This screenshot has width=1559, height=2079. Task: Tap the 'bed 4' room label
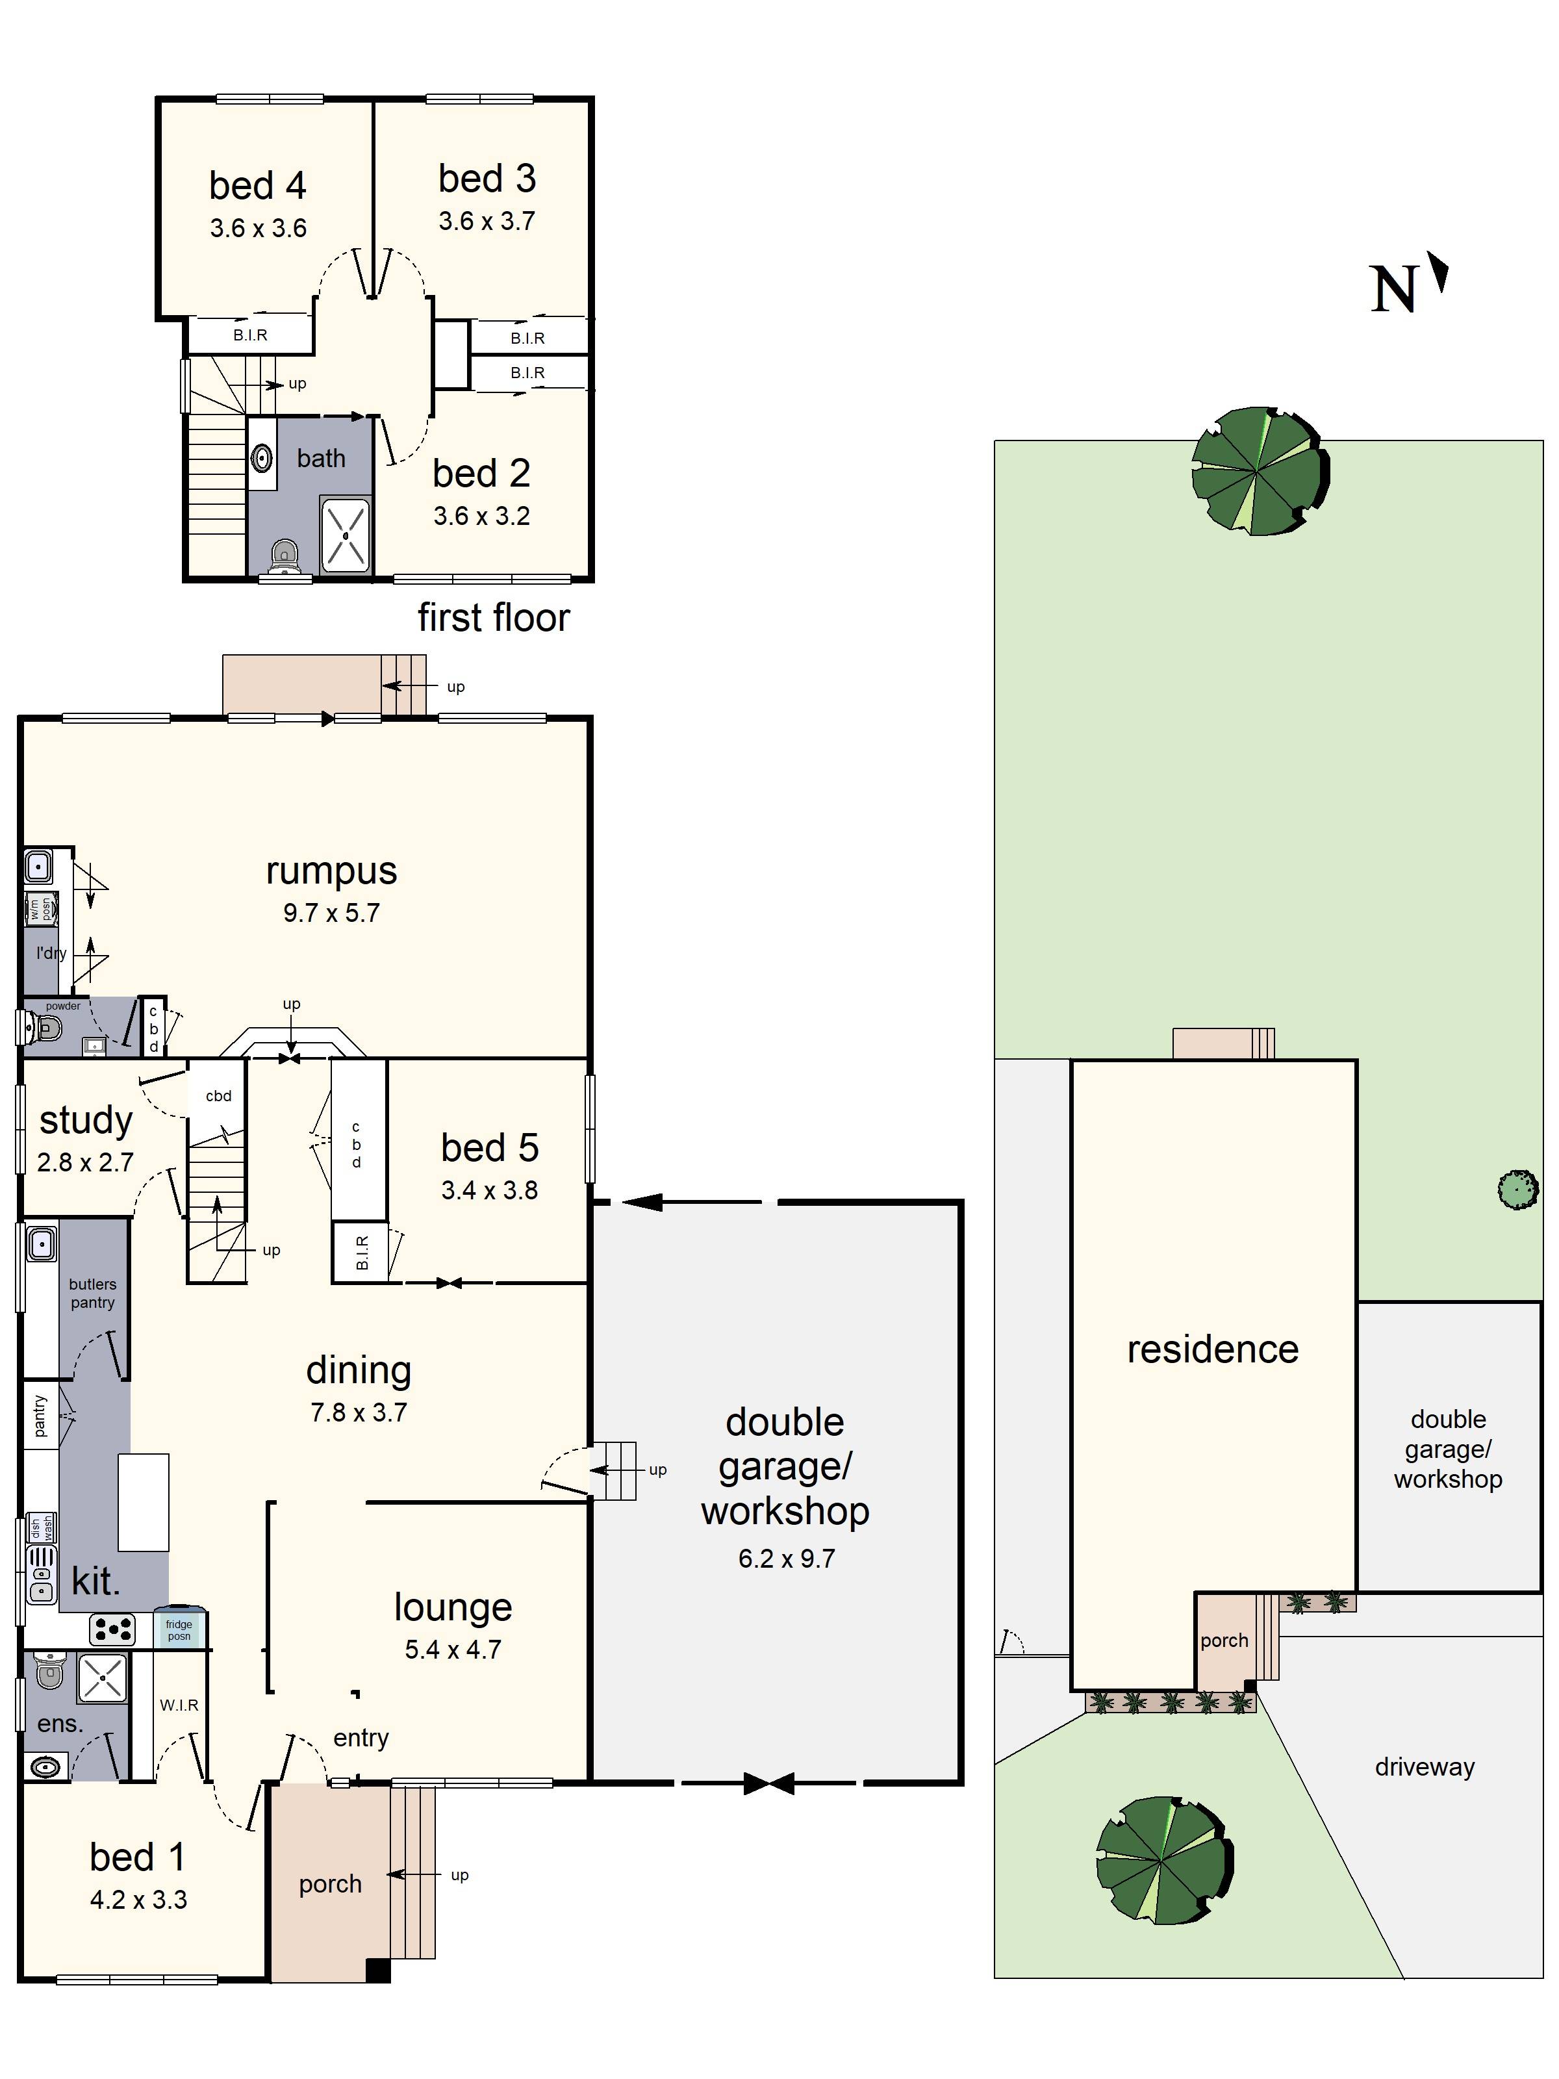(257, 186)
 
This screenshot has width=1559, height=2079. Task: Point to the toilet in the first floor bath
(283, 557)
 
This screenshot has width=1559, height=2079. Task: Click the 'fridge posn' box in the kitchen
(179, 1629)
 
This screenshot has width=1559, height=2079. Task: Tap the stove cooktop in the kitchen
(112, 1629)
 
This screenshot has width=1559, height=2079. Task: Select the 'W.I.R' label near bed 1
(179, 1705)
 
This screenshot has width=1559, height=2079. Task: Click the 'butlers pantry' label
(92, 1294)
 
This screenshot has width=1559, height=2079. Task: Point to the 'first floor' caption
(493, 617)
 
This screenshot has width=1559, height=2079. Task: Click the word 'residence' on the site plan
(1212, 1349)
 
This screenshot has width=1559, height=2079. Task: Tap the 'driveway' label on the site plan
(1424, 1767)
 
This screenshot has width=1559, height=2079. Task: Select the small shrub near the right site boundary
(1517, 1190)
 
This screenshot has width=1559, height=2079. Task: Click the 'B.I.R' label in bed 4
(250, 335)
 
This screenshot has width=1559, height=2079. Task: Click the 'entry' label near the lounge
(361, 1738)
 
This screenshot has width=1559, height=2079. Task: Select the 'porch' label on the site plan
(1224, 1640)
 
